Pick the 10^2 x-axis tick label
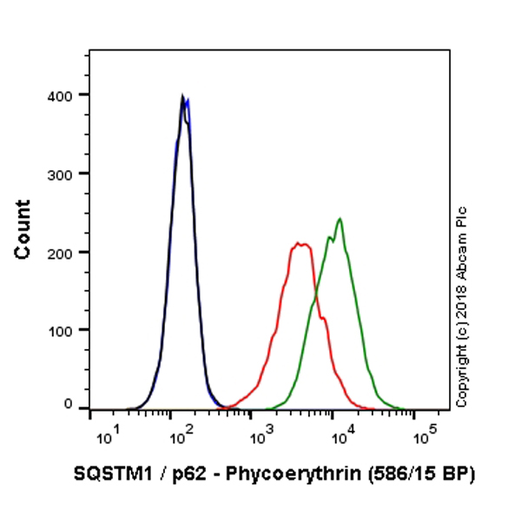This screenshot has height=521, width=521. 180,433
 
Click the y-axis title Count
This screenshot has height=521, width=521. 23,229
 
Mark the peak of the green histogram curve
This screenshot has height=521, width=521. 340,219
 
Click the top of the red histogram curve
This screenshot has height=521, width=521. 300,244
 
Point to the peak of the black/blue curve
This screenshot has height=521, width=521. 182,97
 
